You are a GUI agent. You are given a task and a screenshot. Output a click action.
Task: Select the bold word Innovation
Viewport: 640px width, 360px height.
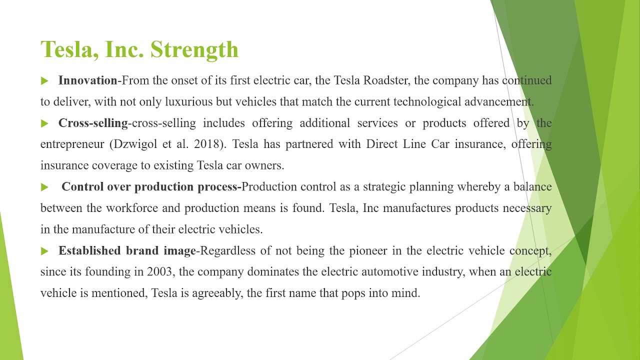click(87, 80)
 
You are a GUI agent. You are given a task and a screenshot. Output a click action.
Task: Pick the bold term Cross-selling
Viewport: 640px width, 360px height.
click(93, 123)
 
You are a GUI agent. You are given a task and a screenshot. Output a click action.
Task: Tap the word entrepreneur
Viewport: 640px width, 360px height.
click(72, 144)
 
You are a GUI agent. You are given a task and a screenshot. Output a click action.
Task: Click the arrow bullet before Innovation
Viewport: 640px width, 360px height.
click(44, 80)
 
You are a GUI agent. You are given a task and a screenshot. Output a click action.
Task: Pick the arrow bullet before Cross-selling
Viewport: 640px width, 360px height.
click(44, 123)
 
